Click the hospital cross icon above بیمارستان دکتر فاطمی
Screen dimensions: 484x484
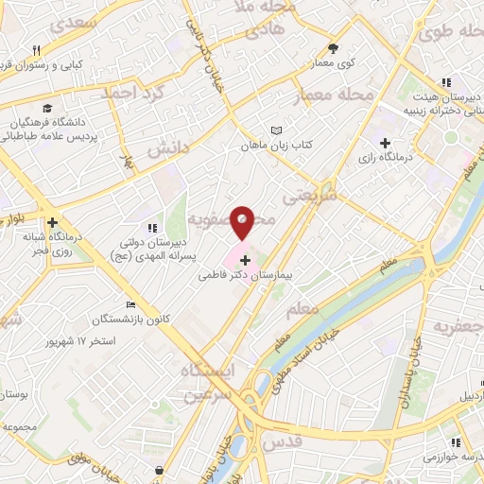246,260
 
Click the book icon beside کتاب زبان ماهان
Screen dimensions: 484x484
276,130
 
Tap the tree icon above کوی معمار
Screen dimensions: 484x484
333,47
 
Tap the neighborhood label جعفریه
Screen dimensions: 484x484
458,327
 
